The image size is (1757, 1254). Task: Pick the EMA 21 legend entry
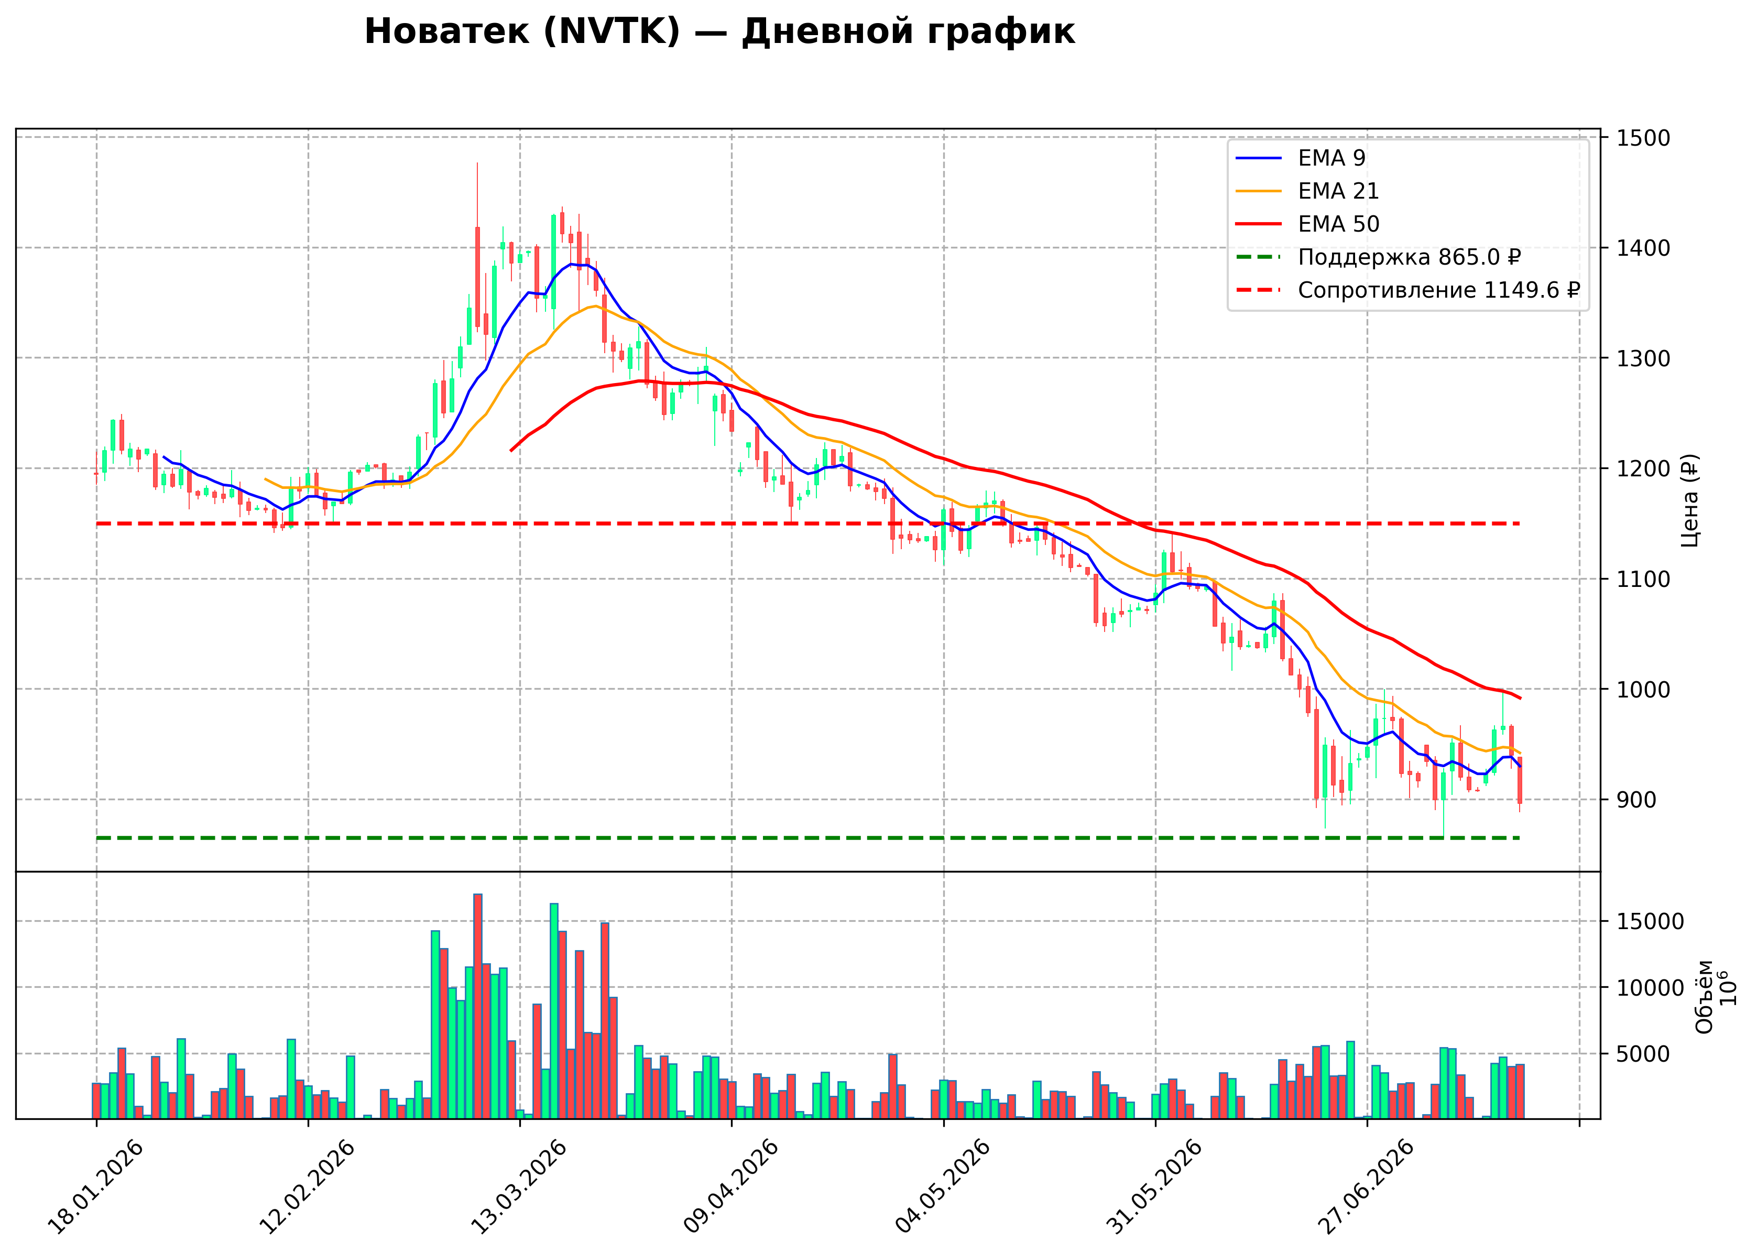click(x=1308, y=191)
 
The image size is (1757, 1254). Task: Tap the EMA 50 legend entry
click(x=1308, y=224)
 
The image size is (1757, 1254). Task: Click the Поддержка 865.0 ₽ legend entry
click(x=1379, y=257)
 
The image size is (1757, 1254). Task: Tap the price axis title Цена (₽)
click(x=1689, y=500)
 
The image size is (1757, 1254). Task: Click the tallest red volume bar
click(x=478, y=1006)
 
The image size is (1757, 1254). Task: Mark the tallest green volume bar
click(x=553, y=1011)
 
